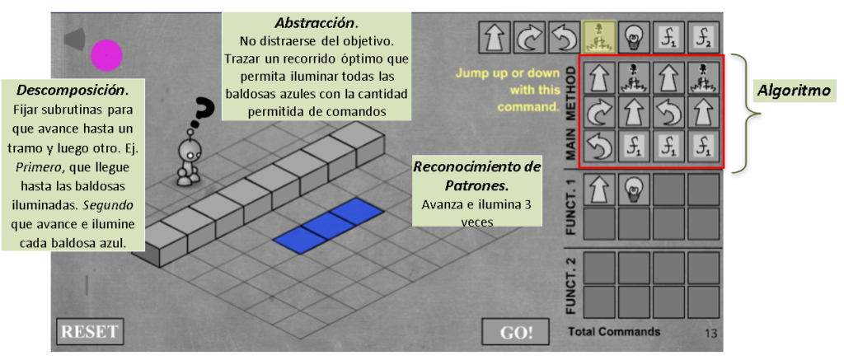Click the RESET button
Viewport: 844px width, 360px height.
pos(90,331)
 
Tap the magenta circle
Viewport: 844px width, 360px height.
pos(106,55)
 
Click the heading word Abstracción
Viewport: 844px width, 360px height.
pos(316,23)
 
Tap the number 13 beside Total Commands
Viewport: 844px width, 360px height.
pos(711,334)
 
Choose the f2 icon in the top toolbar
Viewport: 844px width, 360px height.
pos(703,37)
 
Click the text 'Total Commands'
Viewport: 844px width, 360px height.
pos(613,331)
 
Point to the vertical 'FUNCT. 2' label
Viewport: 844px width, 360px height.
pos(572,286)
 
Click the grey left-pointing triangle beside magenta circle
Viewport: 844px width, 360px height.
pos(74,40)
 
